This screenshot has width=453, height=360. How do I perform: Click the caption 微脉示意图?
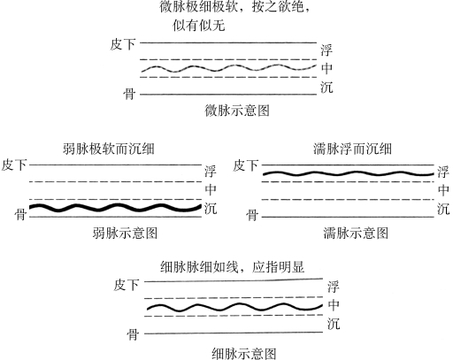pos(237,111)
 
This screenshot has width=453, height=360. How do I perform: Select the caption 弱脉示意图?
pos(125,233)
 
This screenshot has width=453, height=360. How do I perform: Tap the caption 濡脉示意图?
pos(356,233)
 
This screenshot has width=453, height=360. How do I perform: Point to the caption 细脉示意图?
pos(244,353)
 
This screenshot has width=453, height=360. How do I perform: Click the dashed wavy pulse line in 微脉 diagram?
pos(228,68)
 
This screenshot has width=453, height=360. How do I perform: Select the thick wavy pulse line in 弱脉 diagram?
pos(115,208)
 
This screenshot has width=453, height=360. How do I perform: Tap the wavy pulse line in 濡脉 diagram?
pos(349,173)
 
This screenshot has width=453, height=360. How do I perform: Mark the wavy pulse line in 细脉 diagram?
pos(234,307)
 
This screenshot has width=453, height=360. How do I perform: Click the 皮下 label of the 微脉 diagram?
pos(123,44)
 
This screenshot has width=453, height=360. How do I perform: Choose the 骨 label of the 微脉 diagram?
pos(129,95)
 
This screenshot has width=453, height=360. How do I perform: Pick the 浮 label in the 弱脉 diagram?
pos(211,172)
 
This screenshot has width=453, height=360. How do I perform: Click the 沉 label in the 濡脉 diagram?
pos(443,209)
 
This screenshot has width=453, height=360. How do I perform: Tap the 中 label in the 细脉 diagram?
pos(334,305)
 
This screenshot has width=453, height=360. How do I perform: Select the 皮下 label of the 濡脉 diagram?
pos(245,165)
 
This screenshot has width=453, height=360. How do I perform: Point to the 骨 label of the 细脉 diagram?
pos(133,334)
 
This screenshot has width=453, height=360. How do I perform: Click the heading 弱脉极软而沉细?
pos(109,149)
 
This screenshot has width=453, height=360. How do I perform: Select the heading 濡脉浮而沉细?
pos(352,149)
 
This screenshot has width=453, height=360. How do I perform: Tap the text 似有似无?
pos(199,26)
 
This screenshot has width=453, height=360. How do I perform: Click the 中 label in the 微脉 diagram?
pos(326,68)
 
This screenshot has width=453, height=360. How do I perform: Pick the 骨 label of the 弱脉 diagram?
pos(20,214)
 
